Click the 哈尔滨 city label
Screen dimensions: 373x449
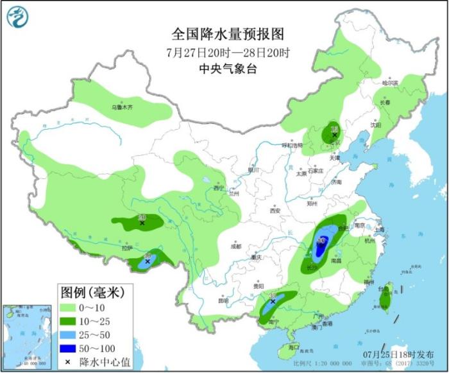coord(390,83)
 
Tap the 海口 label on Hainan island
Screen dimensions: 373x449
coord(294,347)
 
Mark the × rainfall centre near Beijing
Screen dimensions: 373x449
coord(334,135)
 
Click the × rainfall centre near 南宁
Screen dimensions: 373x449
coord(273,300)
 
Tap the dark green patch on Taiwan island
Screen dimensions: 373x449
coord(385,299)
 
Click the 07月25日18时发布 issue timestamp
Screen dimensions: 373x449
coord(407,354)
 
